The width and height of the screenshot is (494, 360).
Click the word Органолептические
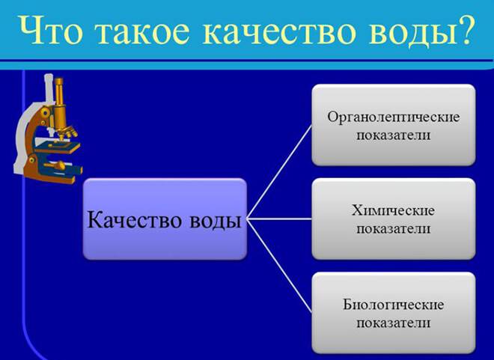[394, 118]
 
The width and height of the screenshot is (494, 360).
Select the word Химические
[393, 210]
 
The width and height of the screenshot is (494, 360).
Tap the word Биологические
[393, 305]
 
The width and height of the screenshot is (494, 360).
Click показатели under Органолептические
[393, 135]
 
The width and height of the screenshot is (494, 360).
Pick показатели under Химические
[393, 229]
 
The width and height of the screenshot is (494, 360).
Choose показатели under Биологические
[393, 323]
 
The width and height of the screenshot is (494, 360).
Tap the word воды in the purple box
[216, 222]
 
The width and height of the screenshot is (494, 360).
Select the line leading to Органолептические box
[279, 171]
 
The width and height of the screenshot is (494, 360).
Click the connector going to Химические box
[279, 219]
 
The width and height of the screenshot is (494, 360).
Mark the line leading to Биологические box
[279, 266]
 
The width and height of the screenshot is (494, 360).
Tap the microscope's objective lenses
[67, 131]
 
